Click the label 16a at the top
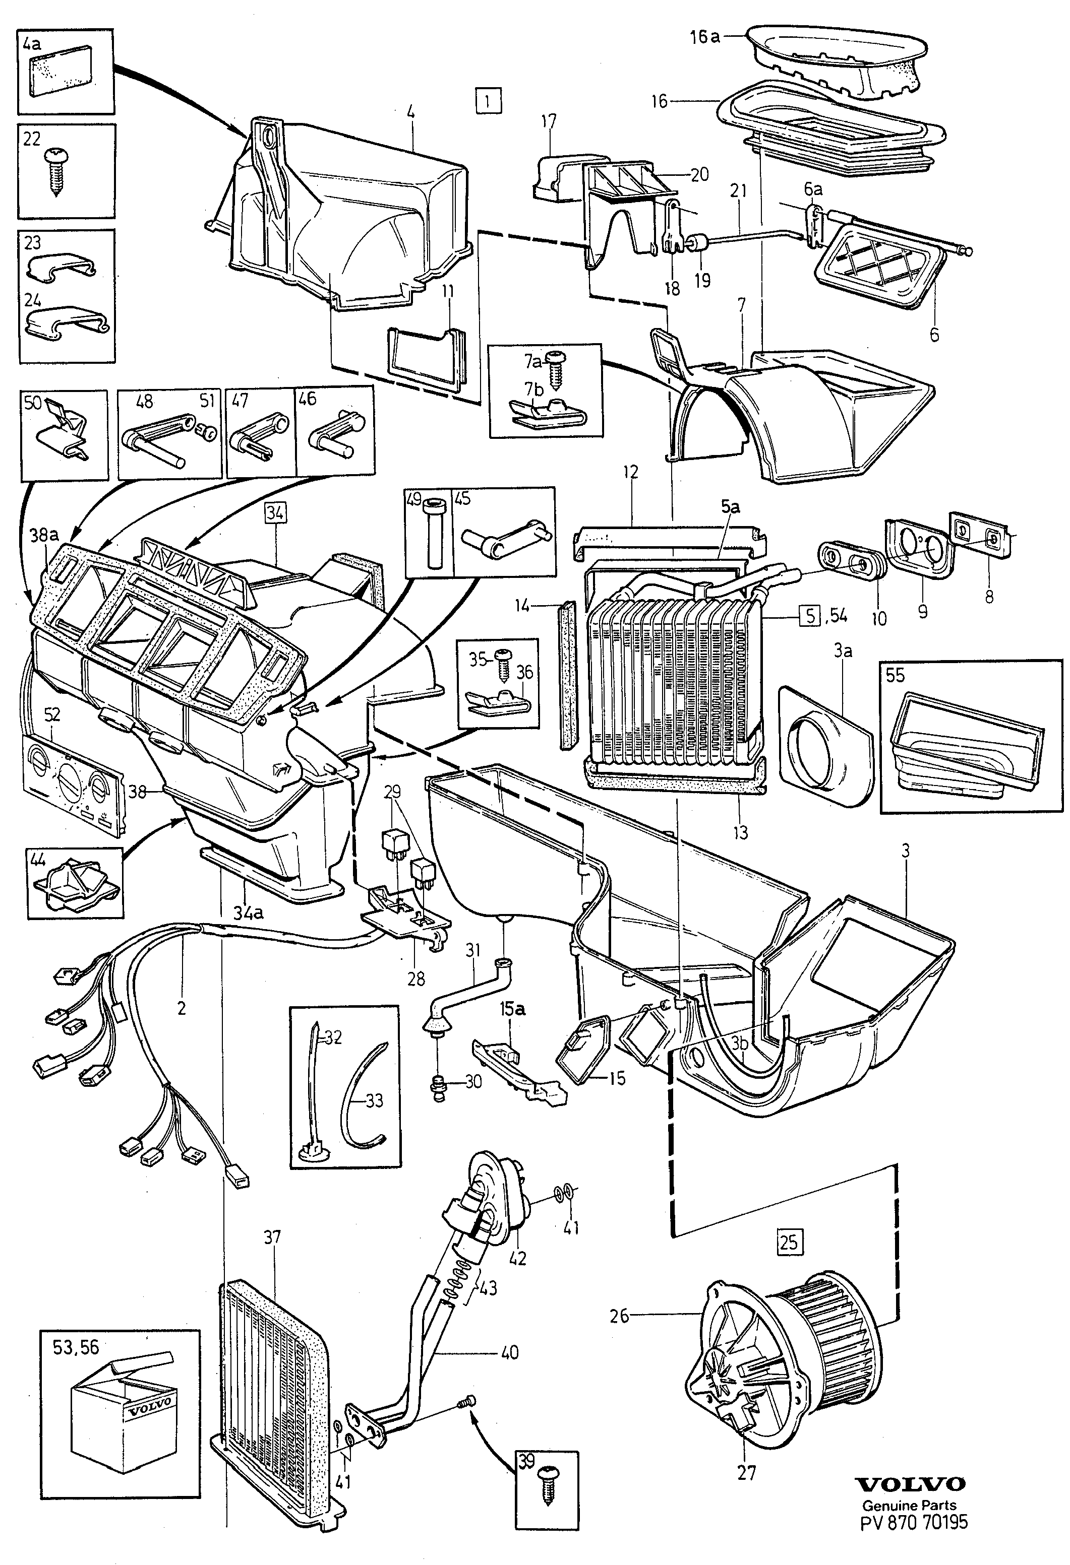[x=704, y=37]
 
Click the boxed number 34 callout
[x=275, y=513]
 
